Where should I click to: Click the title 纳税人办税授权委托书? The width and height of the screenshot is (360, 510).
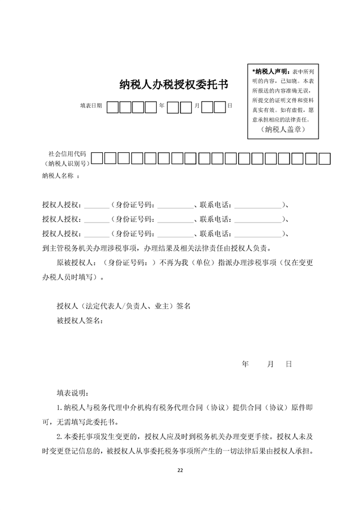click(x=174, y=85)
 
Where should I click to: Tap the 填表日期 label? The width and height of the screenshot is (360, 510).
click(x=91, y=106)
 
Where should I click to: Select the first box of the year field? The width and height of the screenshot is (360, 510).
click(x=112, y=107)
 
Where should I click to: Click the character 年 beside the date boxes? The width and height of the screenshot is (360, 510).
click(x=162, y=106)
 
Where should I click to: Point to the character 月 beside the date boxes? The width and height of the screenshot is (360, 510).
click(x=196, y=106)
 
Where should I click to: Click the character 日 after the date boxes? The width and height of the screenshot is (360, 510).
click(x=229, y=106)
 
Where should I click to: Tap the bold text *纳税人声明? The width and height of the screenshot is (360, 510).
click(x=270, y=72)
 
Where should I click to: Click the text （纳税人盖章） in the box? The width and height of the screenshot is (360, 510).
click(x=284, y=130)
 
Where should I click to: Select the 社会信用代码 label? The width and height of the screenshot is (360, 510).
click(x=67, y=154)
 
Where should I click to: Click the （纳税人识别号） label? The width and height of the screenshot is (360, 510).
click(x=66, y=164)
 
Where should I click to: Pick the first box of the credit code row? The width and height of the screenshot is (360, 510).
click(x=97, y=158)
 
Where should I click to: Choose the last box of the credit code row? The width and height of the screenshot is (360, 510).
click(x=324, y=158)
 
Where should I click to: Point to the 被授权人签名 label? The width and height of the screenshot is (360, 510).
click(x=79, y=321)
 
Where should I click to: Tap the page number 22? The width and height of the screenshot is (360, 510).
click(x=180, y=470)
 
